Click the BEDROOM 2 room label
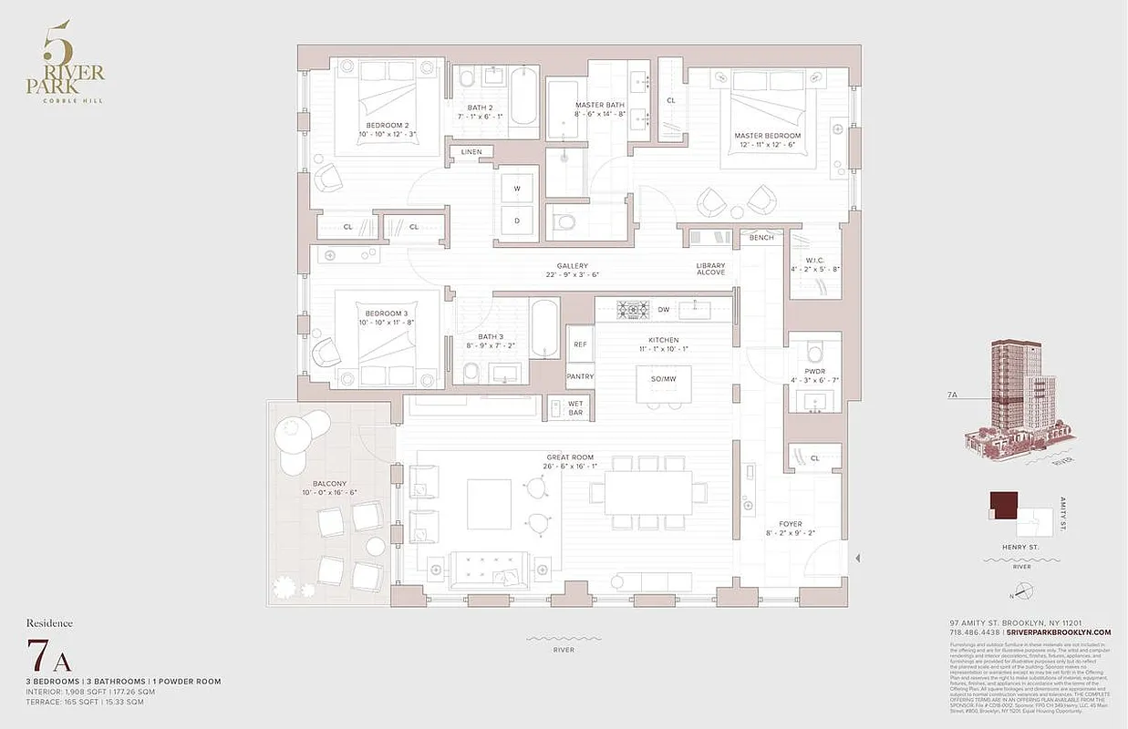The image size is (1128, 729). click(388, 125)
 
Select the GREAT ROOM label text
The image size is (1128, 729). click(570, 457)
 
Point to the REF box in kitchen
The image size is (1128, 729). click(579, 344)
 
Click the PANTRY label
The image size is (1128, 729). click(580, 376)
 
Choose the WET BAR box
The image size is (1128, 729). click(575, 407)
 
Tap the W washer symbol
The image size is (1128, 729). click(517, 189)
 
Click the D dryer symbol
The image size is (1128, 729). click(517, 221)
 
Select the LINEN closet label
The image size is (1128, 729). click(471, 152)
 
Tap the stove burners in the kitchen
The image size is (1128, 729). click(631, 310)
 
